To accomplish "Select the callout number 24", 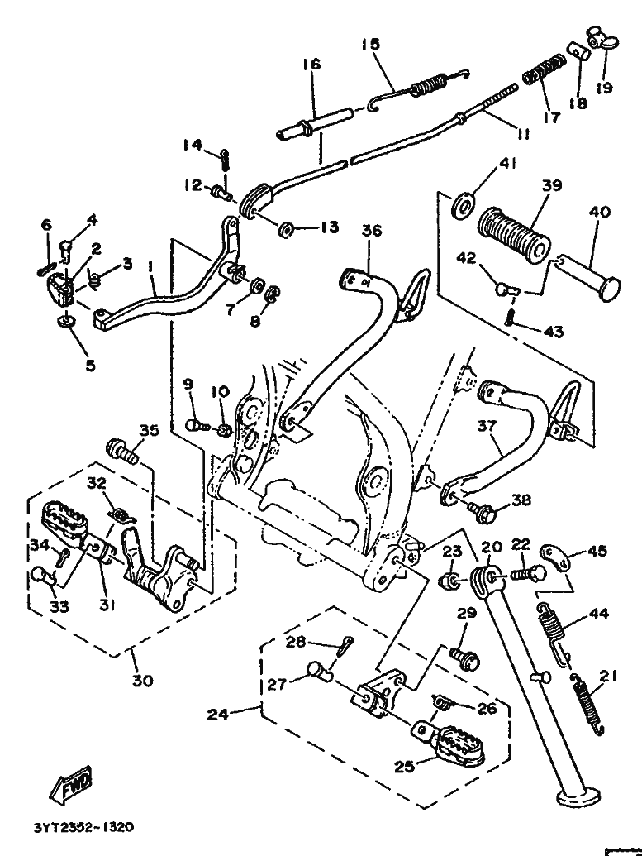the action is click(217, 714).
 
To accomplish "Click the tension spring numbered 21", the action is click(588, 704).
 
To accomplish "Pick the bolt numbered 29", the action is click(464, 657).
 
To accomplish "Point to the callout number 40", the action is click(600, 211).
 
